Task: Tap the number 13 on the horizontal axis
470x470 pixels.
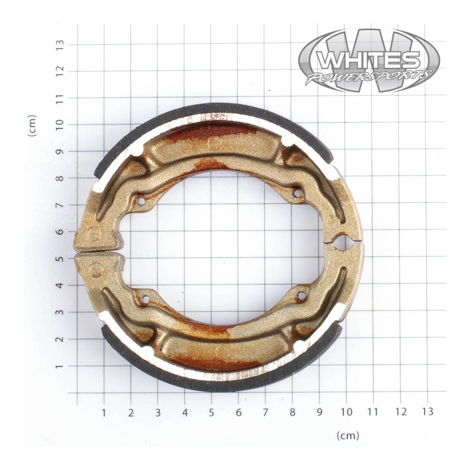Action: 428,412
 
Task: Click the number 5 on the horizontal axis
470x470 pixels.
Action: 211,412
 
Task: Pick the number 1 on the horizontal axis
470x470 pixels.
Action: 104,412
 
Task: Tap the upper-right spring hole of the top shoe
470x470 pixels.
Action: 296,193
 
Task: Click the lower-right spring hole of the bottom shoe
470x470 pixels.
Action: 302,295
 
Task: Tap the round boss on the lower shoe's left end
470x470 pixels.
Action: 96,270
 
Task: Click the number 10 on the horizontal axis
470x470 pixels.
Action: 347,412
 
